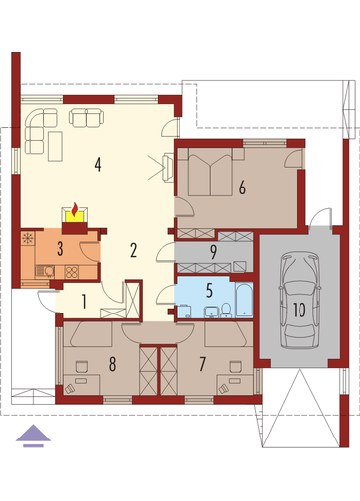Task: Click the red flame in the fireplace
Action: (75, 209)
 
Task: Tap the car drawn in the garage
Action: (300, 300)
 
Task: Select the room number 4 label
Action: (97, 165)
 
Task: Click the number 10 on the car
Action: (300, 311)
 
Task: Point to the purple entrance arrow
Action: (33, 436)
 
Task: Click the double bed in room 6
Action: (210, 172)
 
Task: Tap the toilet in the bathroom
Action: (226, 311)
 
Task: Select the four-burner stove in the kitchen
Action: (72, 272)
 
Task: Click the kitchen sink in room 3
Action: (45, 271)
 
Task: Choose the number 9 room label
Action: (214, 252)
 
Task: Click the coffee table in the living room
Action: (56, 146)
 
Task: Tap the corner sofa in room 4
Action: (39, 130)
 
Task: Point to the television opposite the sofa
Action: (168, 168)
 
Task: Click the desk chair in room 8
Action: (82, 367)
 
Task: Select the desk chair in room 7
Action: (235, 367)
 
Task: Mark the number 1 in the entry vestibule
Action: (84, 302)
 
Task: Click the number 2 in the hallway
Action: (133, 250)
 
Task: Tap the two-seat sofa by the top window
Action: (86, 118)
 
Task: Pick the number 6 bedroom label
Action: (242, 188)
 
